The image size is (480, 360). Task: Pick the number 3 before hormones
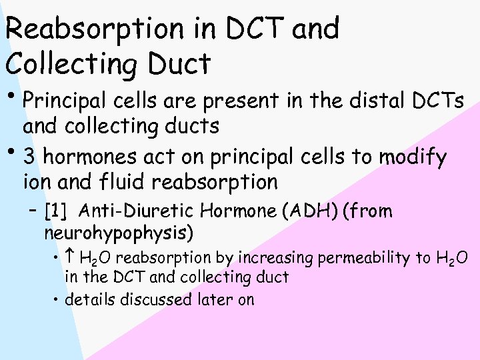pyautogui.click(x=29, y=158)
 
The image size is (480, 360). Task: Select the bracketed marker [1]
pyautogui.click(x=55, y=212)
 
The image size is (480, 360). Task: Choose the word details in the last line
pyautogui.click(x=91, y=299)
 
